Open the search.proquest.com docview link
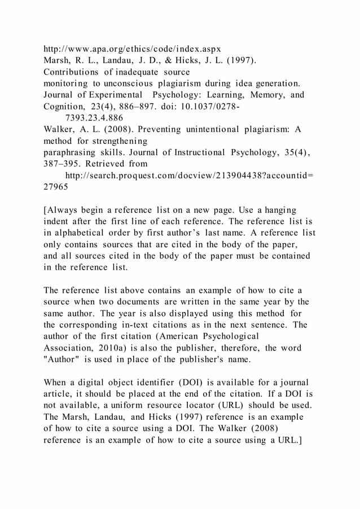(190, 175)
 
